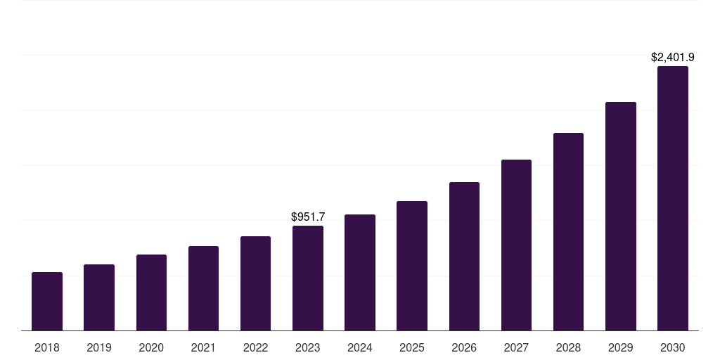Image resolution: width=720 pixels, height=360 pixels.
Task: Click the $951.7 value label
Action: [x=308, y=217]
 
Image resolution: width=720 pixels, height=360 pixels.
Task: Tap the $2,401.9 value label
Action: [x=672, y=58]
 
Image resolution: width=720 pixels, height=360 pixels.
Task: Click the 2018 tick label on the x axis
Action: [x=47, y=347]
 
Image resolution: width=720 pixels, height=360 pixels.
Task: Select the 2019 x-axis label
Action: [x=99, y=347]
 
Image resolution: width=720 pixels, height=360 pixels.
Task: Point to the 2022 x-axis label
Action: [x=255, y=347]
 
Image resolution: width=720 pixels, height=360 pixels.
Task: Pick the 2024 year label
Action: [x=360, y=347]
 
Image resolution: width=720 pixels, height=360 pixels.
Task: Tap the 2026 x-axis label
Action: [x=464, y=347]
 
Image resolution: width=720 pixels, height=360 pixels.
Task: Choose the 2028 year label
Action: [x=568, y=347]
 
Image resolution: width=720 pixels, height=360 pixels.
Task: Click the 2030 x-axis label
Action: [x=672, y=347]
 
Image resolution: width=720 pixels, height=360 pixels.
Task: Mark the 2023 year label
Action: [x=308, y=347]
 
